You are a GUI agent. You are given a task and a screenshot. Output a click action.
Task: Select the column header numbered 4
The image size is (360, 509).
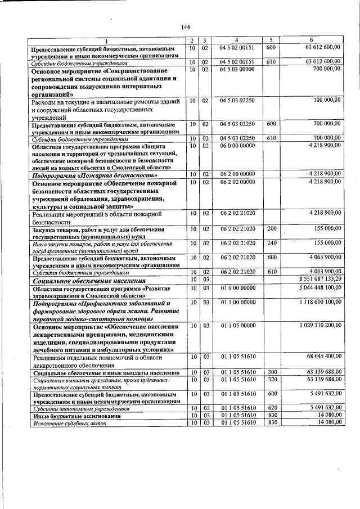236,40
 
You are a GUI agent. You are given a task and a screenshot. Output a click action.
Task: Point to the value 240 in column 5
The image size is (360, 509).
272,242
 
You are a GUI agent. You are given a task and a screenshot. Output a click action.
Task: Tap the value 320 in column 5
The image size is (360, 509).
272,380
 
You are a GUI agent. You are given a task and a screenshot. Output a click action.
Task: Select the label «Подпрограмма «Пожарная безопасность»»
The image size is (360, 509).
93,175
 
